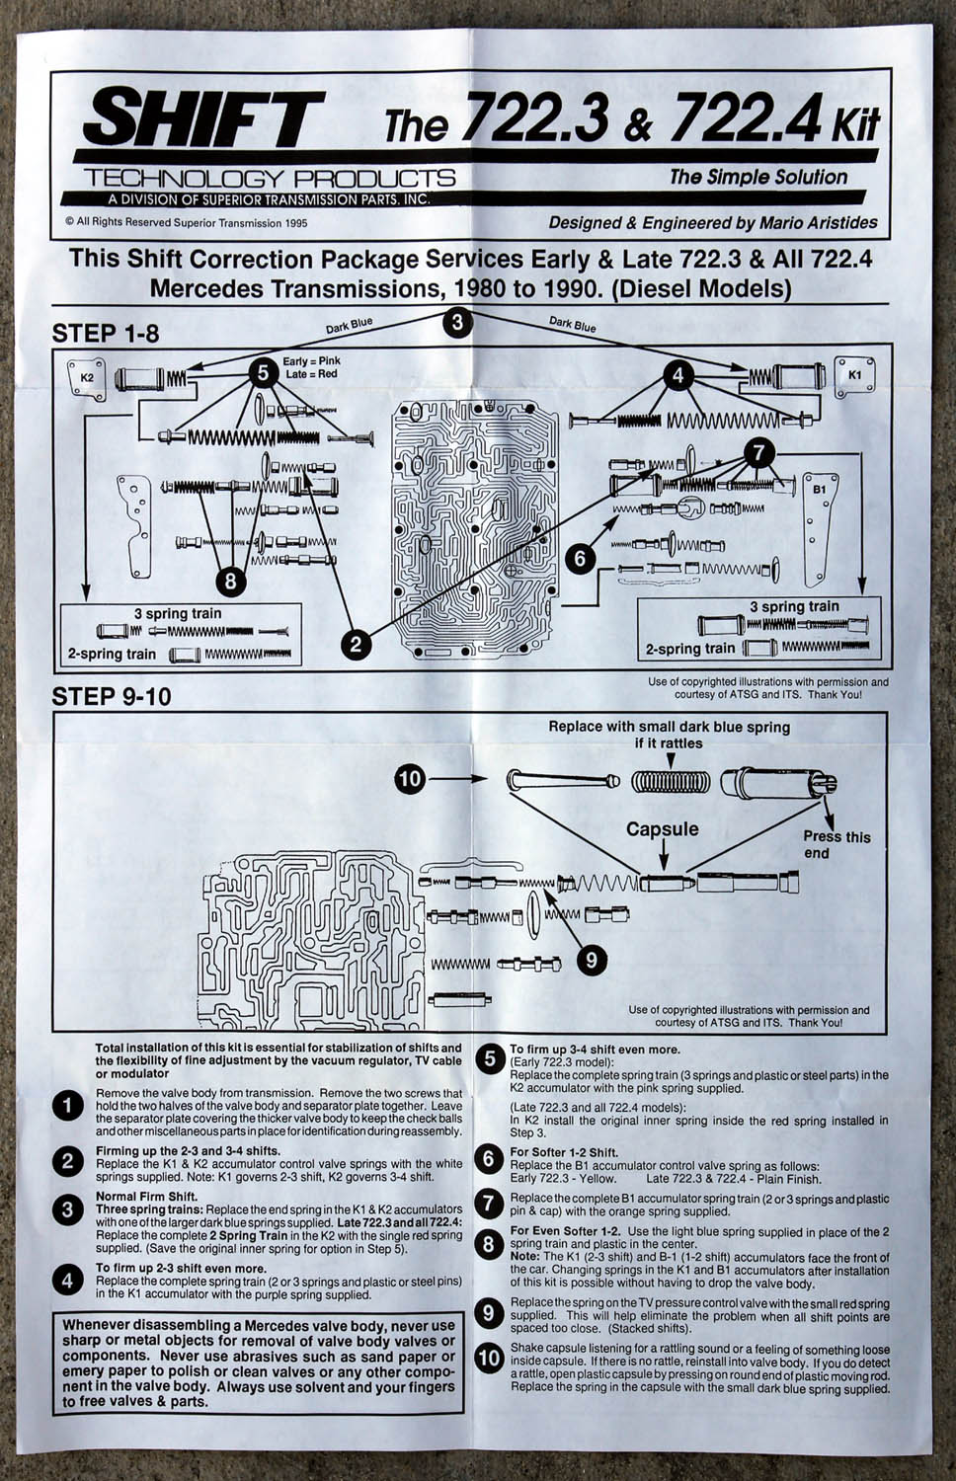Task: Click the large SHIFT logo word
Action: pos(202,118)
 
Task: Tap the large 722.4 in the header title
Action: pos(745,121)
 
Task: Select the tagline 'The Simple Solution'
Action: pos(757,177)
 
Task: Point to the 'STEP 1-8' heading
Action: pos(105,333)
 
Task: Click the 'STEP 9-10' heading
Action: pos(111,696)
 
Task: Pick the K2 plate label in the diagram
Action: pos(87,377)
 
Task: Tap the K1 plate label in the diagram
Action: pos(854,376)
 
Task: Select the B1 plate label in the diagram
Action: pos(819,490)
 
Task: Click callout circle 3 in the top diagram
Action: pos(456,322)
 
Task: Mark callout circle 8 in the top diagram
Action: pos(230,581)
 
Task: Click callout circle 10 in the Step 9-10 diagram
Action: pos(410,779)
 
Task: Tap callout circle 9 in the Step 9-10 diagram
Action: pos(591,958)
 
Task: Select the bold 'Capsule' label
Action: pos(662,829)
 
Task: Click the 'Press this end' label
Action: pos(836,844)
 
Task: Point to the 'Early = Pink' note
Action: pos(311,361)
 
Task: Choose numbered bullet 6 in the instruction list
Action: pos(489,1159)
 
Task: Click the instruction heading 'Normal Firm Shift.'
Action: pos(146,1197)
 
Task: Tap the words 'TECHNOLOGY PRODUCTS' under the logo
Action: pos(270,179)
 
